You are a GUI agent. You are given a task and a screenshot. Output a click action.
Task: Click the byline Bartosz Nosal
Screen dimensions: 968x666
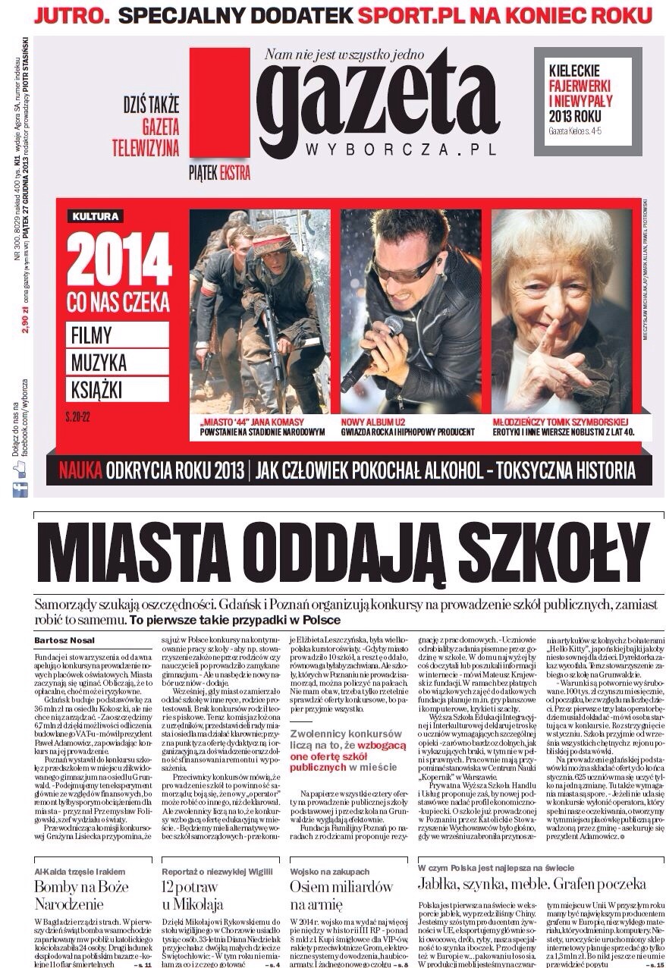[65, 640]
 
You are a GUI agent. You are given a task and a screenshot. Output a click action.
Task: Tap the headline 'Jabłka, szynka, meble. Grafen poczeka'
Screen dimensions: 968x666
[532, 884]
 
